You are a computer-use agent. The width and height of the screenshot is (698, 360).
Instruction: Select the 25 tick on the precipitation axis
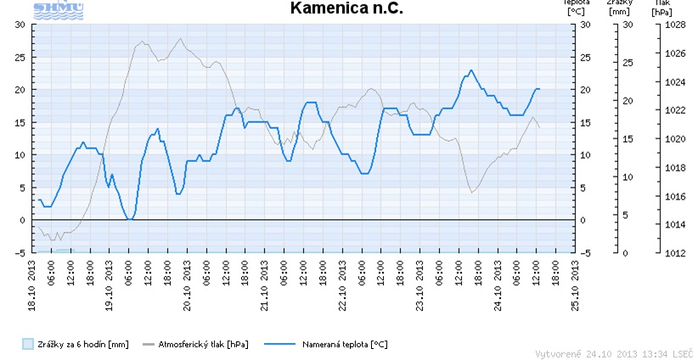point(628,63)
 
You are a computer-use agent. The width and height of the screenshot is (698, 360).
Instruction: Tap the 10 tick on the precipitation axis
point(628,177)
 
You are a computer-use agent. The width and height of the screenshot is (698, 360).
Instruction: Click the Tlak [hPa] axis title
point(662,8)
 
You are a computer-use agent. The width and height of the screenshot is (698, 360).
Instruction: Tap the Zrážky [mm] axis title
point(619,8)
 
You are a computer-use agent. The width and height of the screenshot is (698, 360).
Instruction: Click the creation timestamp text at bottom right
point(614,352)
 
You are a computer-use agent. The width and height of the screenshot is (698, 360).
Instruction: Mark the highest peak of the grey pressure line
point(179,38)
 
